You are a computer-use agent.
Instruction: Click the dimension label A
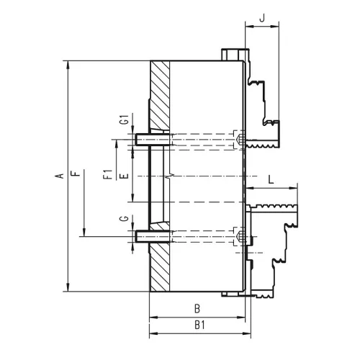pyautogui.click(x=60, y=176)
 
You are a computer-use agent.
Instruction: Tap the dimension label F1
pyautogui.click(x=108, y=174)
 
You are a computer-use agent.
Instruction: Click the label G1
pyautogui.click(x=125, y=120)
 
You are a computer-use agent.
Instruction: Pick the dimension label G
pyautogui.click(x=125, y=219)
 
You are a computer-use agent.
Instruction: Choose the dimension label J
pyautogui.click(x=263, y=18)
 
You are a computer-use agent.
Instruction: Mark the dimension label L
pyautogui.click(x=271, y=179)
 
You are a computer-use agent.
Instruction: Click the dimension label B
pyautogui.click(x=197, y=309)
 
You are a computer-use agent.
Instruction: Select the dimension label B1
pyautogui.click(x=199, y=325)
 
